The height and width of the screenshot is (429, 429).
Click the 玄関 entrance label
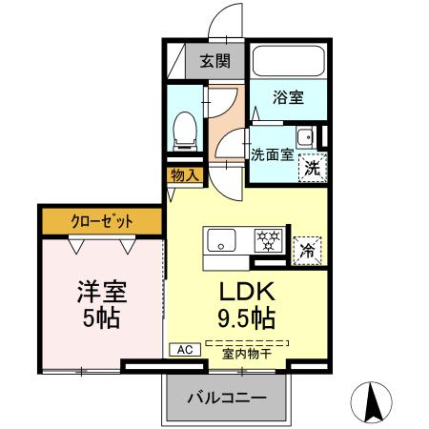[x=214, y=63]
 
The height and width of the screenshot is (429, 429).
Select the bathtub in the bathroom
[x=289, y=61]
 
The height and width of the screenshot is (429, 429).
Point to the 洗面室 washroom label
[x=272, y=154]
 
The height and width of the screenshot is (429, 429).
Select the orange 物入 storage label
[x=185, y=174]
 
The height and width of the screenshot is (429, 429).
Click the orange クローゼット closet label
[x=102, y=221]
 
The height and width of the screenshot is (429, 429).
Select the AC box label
[x=184, y=351]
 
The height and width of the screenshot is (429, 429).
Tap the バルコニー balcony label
[x=226, y=397]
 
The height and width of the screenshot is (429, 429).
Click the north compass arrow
[x=375, y=400]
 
